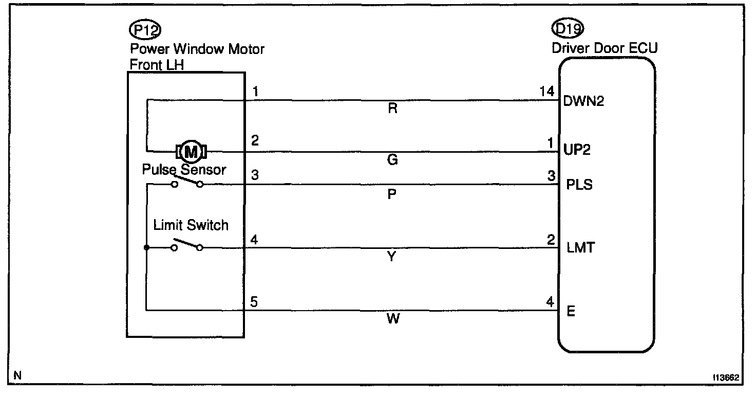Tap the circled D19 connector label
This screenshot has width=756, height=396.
[x=567, y=29]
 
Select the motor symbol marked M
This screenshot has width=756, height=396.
[x=191, y=151]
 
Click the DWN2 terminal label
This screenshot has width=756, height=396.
[x=583, y=101]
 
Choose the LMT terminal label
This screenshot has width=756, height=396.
[x=580, y=248]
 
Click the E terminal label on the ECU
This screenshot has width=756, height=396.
[x=571, y=312]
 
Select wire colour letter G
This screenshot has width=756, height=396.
[x=393, y=160]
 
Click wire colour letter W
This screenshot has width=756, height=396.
[x=392, y=319]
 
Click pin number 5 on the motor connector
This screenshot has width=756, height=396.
[x=254, y=301]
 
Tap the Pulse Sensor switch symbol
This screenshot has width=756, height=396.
[x=187, y=183]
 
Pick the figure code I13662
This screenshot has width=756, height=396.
[x=726, y=377]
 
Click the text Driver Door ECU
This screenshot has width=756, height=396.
[x=604, y=48]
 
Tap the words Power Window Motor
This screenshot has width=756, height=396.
[x=197, y=49]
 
